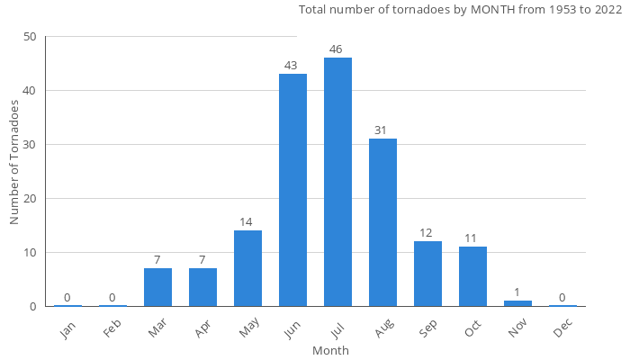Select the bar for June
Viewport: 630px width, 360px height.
point(292,190)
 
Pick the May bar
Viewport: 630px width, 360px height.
point(247,268)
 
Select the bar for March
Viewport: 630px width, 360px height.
point(157,287)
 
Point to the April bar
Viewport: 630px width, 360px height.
point(202,287)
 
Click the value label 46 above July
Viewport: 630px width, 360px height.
point(337,49)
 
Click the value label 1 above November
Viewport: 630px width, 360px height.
point(517,292)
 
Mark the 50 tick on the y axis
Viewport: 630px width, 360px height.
point(31,37)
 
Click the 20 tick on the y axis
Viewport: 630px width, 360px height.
point(31,199)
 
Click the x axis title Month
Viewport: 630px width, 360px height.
point(330,350)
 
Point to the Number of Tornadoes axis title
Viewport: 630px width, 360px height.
point(15,162)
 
